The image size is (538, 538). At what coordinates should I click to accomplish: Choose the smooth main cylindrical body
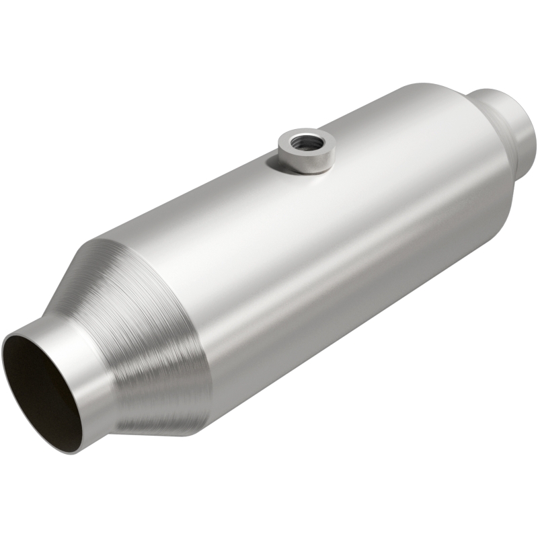coord(303,256)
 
